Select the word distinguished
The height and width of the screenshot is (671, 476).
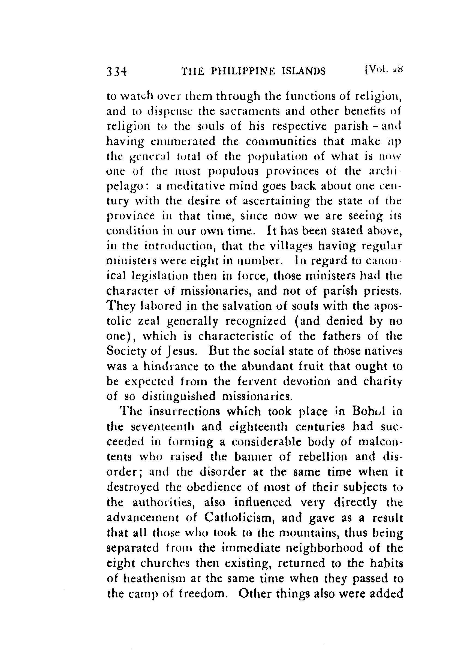179,397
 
